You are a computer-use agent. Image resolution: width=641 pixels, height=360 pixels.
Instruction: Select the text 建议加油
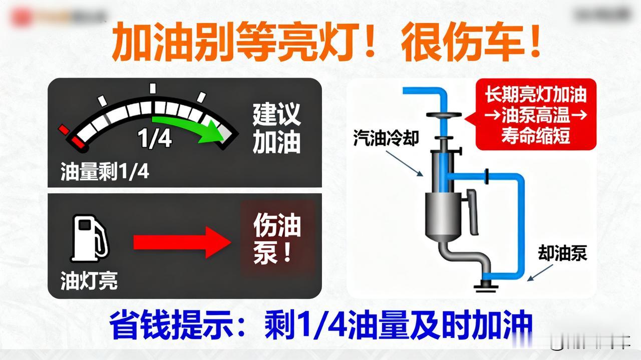click(276, 129)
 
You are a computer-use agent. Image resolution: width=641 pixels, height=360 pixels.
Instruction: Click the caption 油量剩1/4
click(105, 172)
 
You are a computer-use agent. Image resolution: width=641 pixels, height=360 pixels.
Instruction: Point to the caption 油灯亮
click(89, 280)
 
